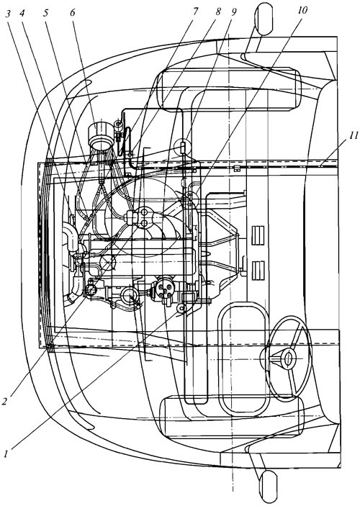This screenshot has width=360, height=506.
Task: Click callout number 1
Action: click(6, 453)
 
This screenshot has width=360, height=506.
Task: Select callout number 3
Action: click(9, 13)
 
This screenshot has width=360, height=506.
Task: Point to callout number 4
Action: click(22, 13)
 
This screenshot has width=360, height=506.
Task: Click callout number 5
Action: click(47, 13)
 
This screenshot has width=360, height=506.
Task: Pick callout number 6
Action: click(72, 12)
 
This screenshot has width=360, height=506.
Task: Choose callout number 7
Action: click(195, 12)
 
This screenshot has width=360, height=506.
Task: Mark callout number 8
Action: click(219, 12)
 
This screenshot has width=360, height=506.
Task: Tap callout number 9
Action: click(233, 12)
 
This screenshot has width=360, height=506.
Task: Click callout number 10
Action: click(302, 11)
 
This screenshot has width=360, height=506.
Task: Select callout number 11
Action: click(353, 135)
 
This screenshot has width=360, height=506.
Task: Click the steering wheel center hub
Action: click(288, 358)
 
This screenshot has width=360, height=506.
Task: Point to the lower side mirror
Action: click(268, 486)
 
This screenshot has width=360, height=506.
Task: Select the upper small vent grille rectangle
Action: click(258, 235)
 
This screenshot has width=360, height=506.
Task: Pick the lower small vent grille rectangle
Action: click(258, 271)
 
